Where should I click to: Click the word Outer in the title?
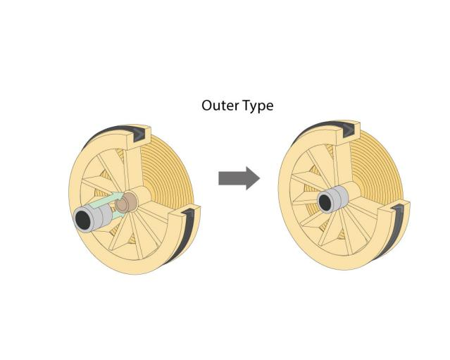(217, 106)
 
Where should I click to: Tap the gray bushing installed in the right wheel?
(332, 199)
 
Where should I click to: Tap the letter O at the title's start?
(207, 106)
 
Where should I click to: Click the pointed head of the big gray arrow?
(253, 178)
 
